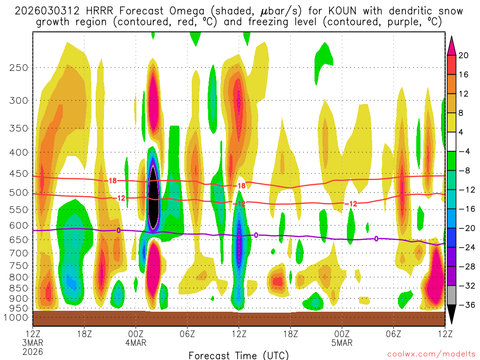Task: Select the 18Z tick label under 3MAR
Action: coord(84,334)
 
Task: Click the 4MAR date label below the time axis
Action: coord(136,343)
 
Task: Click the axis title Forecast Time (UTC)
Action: coord(239,355)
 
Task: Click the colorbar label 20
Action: coord(464,55)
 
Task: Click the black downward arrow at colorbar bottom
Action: coord(451,317)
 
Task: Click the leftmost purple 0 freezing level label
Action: coord(119,230)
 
